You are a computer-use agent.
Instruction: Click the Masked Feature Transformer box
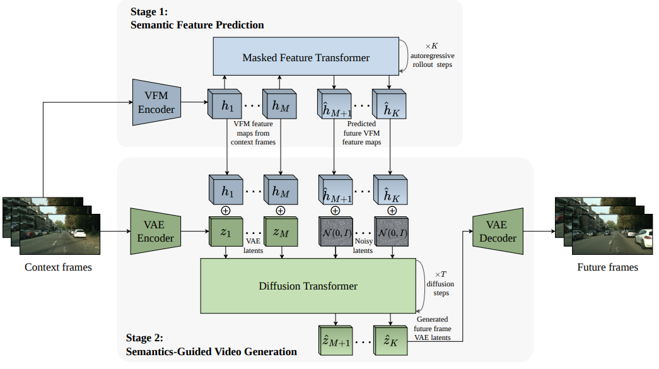click(306, 56)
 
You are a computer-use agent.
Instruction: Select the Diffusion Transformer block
click(308, 286)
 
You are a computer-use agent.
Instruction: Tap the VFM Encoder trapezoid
click(157, 102)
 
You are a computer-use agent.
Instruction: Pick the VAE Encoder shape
click(156, 231)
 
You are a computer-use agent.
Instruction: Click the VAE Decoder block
click(498, 231)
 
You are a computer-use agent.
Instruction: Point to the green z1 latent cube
click(226, 231)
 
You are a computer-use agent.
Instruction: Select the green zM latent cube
click(281, 231)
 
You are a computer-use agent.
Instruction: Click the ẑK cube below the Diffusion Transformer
click(390, 341)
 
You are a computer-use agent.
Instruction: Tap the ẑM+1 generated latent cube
click(335, 341)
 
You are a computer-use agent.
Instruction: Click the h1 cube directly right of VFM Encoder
click(225, 104)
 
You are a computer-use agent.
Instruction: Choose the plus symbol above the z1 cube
click(226, 211)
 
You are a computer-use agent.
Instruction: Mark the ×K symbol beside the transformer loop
click(431, 46)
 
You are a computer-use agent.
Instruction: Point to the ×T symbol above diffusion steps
click(440, 274)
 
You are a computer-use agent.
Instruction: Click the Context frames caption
click(58, 267)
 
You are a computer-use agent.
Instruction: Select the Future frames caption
click(608, 267)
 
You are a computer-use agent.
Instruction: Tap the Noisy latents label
click(363, 246)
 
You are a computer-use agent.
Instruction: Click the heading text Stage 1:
click(149, 12)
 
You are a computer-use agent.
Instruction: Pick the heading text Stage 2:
click(144, 338)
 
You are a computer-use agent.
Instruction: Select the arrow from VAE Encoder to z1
click(195, 231)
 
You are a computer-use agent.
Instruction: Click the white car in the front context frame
click(79, 233)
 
